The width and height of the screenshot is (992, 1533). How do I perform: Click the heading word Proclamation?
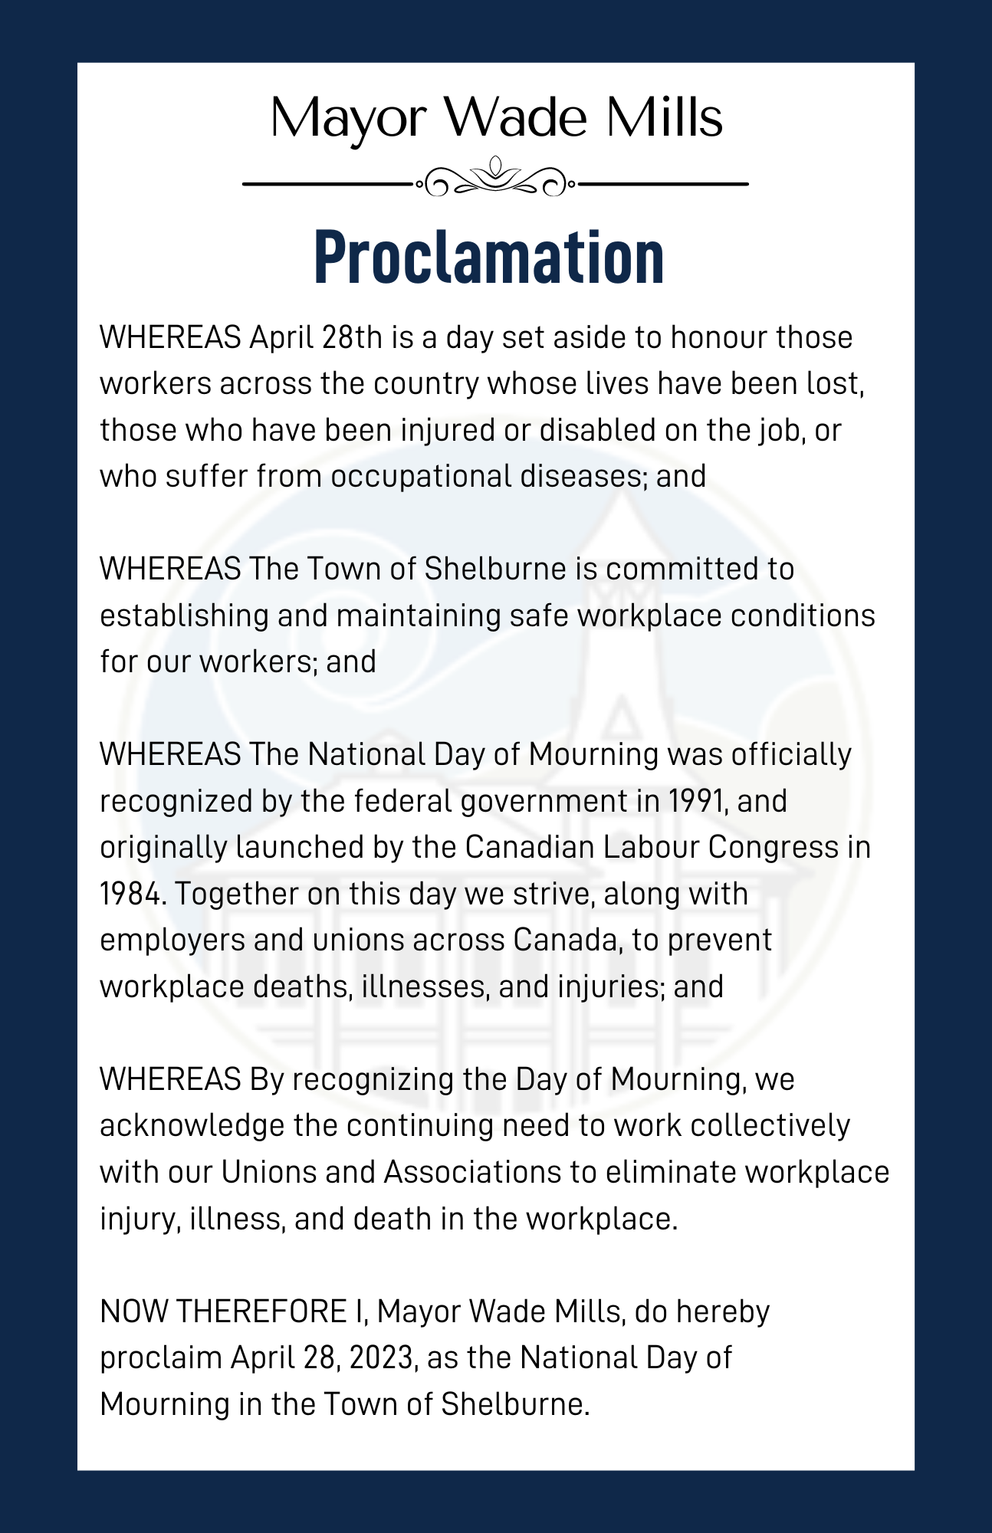(489, 258)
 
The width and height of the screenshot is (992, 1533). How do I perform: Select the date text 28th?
(352, 337)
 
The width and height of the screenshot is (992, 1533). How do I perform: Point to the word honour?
(718, 337)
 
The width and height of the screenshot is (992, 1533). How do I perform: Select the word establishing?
(184, 615)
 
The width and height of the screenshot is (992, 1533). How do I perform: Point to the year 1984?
(132, 894)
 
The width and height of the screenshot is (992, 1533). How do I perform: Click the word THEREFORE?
(261, 1311)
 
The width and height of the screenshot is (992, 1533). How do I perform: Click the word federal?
(402, 801)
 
